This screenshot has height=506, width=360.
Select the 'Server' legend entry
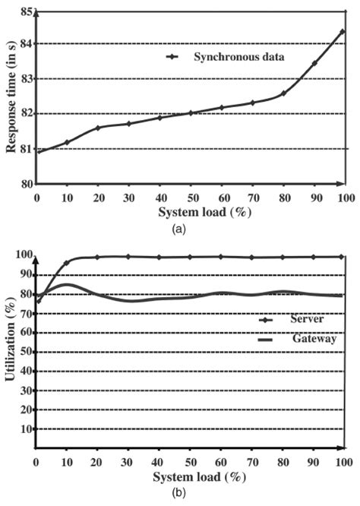[307, 320]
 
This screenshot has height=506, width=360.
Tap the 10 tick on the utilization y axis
[27, 429]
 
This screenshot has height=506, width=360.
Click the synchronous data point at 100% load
[343, 32]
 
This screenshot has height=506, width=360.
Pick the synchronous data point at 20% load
[98, 128]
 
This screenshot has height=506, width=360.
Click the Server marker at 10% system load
[67, 263]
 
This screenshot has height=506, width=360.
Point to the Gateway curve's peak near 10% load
[67, 285]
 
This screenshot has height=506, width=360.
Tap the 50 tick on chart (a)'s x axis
[191, 198]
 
